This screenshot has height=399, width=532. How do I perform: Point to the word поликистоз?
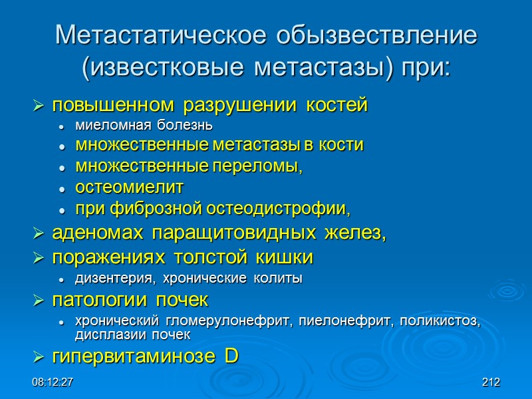tap(445, 321)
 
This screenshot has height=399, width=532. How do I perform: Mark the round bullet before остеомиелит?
tap(61, 189)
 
